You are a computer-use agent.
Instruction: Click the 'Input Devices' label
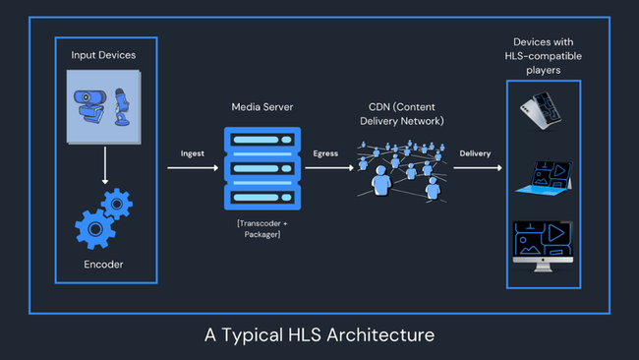tap(103, 55)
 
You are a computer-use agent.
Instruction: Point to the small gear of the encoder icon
tap(118, 204)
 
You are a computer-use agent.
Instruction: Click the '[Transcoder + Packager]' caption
tap(261, 229)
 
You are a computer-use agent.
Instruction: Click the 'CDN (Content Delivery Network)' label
tap(399, 113)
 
